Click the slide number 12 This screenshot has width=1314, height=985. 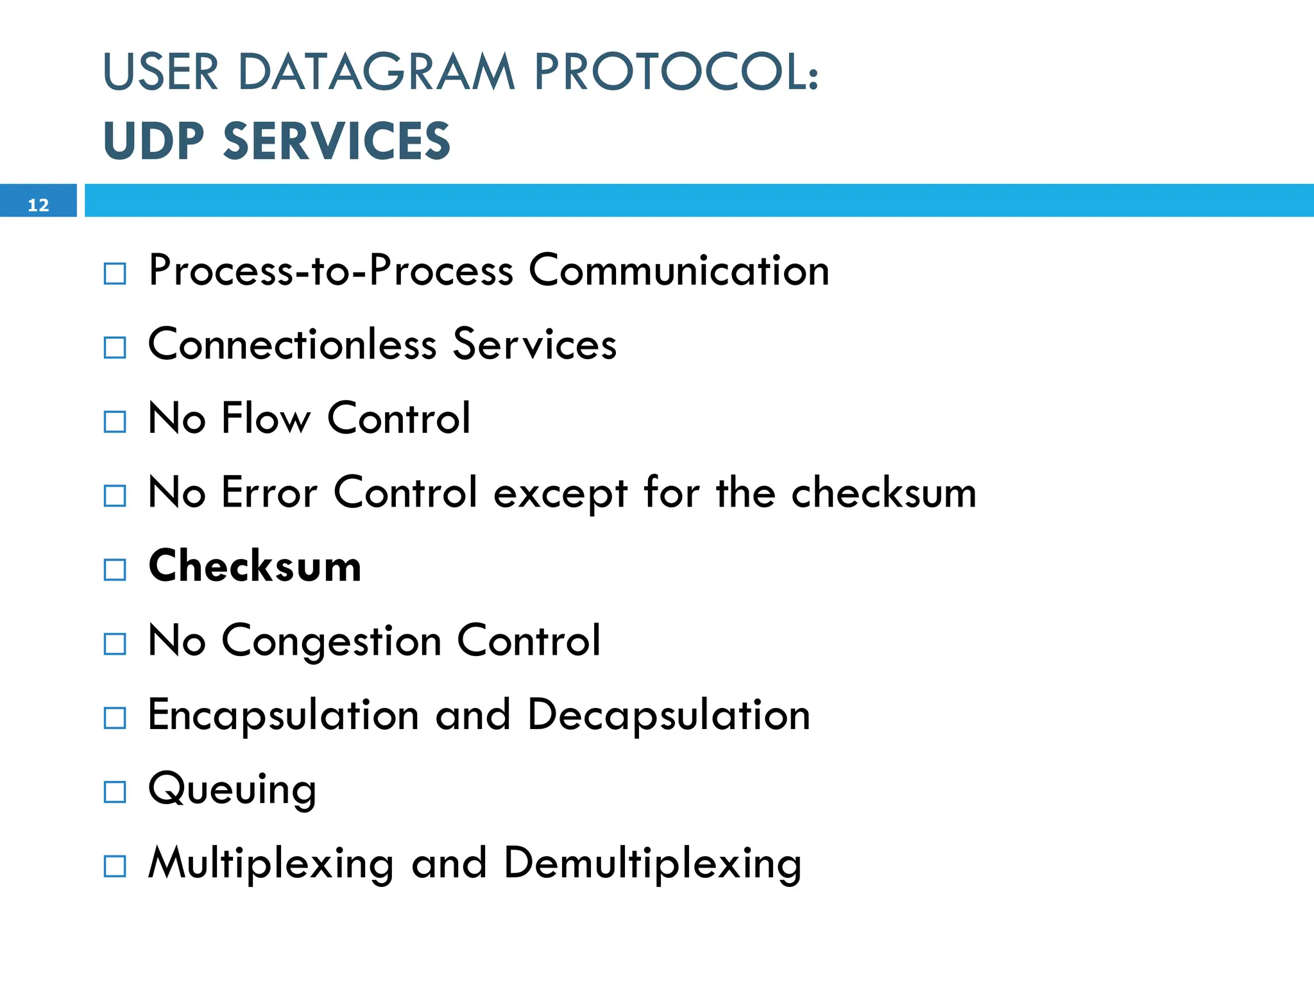pyautogui.click(x=38, y=205)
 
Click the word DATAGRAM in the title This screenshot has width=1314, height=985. pyautogui.click(x=377, y=72)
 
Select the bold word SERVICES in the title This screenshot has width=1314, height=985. pyautogui.click(x=337, y=141)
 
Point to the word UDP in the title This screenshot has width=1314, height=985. pyautogui.click(x=153, y=141)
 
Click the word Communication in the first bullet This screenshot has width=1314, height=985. pyautogui.click(x=679, y=271)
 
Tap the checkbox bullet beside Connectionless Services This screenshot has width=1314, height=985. pyautogui.click(x=115, y=348)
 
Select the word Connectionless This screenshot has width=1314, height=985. pyautogui.click(x=293, y=344)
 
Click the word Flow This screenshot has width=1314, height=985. pyautogui.click(x=266, y=418)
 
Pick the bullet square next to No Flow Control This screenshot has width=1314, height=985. pyautogui.click(x=115, y=422)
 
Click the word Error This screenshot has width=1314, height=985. pyautogui.click(x=269, y=492)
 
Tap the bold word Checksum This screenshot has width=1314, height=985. pyautogui.click(x=255, y=566)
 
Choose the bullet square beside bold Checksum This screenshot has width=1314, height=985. pyautogui.click(x=115, y=569)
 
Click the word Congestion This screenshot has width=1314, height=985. pyautogui.click(x=332, y=641)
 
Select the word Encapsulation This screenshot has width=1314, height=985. pyautogui.click(x=284, y=715)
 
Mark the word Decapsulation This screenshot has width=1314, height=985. pyautogui.click(x=669, y=715)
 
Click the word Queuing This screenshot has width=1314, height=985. pyautogui.click(x=232, y=789)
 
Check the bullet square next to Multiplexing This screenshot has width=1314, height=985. pyautogui.click(x=115, y=866)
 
